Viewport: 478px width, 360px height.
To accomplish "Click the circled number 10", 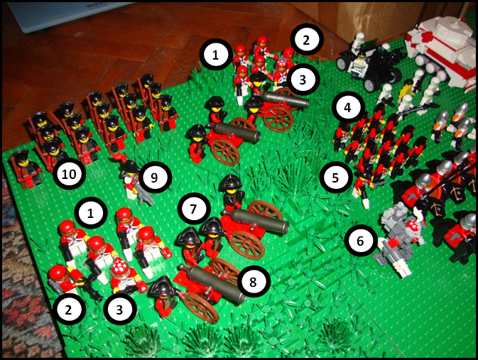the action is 69,174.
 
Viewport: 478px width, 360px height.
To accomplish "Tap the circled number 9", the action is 155,178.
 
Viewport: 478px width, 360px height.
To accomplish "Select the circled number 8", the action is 253,282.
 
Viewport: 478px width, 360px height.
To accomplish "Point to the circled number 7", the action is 194,209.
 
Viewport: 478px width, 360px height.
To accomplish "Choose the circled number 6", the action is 361,241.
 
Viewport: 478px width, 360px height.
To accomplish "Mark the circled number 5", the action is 336,178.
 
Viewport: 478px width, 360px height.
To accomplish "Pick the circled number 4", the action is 348,107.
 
